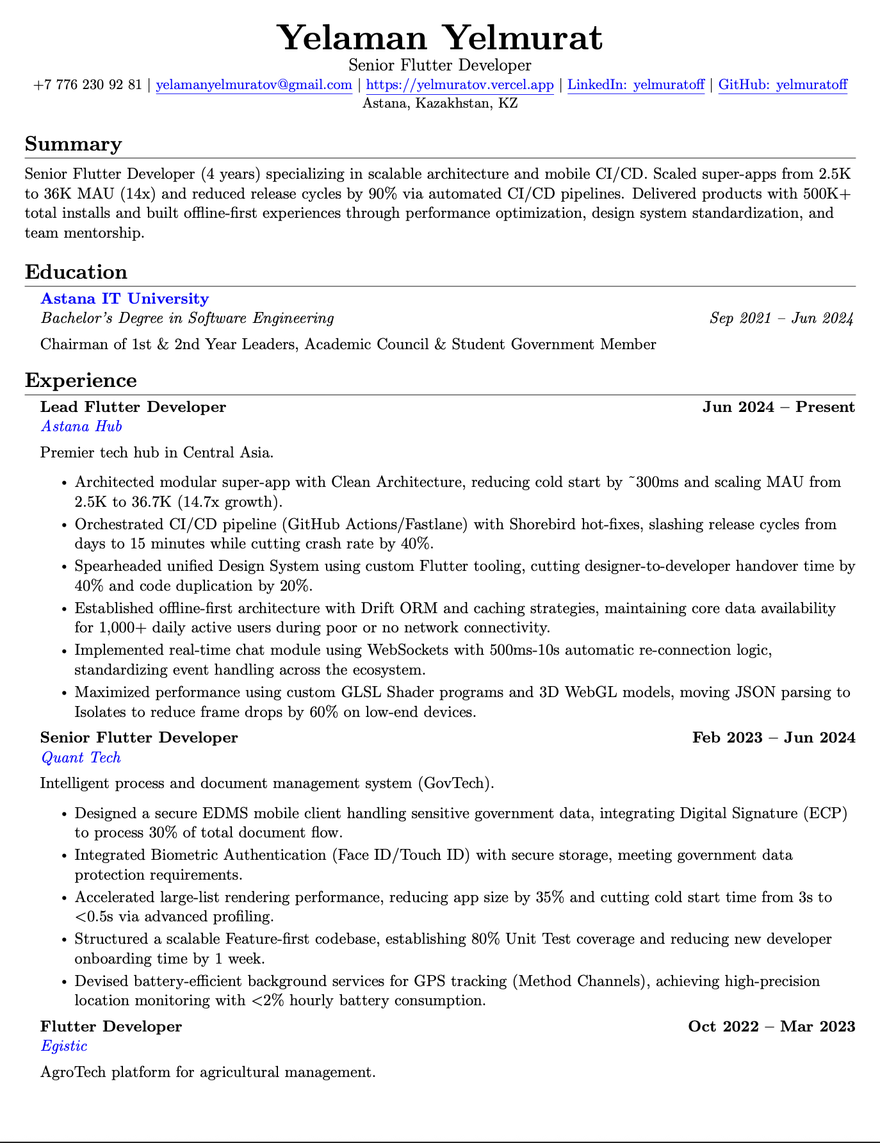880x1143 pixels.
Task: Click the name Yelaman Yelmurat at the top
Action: (x=440, y=37)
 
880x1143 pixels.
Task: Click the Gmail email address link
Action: (x=254, y=85)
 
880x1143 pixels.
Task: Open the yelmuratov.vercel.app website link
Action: (x=459, y=85)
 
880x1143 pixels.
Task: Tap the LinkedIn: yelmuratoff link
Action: (x=636, y=85)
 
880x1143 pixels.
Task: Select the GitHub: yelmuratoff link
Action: (x=783, y=85)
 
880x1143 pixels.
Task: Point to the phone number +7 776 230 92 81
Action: (x=88, y=85)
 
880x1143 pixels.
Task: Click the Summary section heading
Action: (x=73, y=144)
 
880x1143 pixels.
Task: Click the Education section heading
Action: (x=76, y=272)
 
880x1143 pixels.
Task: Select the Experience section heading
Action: (x=81, y=381)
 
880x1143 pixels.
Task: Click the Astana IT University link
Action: (x=125, y=299)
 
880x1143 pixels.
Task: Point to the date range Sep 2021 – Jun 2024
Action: (x=781, y=318)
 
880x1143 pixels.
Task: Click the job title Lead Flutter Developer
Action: (x=133, y=407)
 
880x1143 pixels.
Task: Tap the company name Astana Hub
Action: (x=81, y=426)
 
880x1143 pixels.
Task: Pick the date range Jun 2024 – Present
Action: (x=778, y=407)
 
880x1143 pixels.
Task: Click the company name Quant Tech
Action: (x=81, y=757)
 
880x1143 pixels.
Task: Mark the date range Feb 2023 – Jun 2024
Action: (x=774, y=737)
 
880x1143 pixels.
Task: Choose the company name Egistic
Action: (x=64, y=1046)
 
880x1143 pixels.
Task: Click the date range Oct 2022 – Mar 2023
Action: (x=771, y=1026)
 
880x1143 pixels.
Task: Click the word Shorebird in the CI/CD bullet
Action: (x=540, y=525)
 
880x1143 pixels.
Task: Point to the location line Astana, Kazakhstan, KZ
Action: (x=440, y=103)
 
